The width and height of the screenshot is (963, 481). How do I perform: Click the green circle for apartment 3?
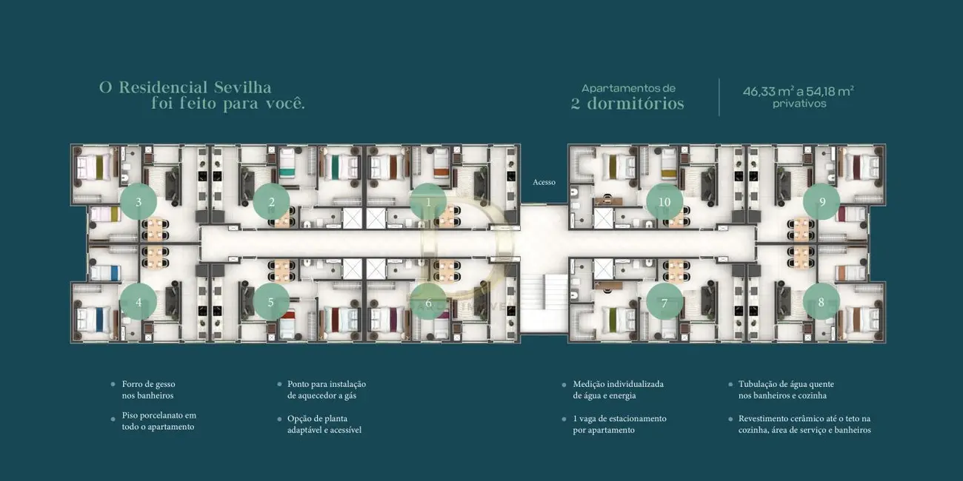tap(139, 202)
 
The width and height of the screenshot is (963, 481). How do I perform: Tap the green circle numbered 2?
tap(271, 202)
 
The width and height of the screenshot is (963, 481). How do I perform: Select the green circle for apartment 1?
tap(428, 202)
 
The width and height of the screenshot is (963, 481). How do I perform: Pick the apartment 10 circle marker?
tap(664, 202)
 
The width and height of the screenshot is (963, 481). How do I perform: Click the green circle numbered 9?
tap(822, 202)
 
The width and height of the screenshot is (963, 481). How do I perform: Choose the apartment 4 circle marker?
tap(139, 302)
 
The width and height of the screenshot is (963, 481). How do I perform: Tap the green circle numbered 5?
tap(271, 302)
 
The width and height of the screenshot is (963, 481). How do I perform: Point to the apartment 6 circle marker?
tap(428, 302)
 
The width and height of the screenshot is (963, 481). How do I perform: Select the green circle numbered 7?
tap(664, 302)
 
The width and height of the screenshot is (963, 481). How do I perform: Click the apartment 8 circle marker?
tap(822, 302)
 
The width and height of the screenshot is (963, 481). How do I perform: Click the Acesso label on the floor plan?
tap(544, 182)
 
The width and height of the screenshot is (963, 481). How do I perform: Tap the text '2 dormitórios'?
tap(627, 104)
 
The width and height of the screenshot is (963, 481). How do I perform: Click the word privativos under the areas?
tap(799, 104)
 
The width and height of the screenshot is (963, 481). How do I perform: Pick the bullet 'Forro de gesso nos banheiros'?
tap(148, 390)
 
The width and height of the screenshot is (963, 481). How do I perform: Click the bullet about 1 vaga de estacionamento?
tap(619, 424)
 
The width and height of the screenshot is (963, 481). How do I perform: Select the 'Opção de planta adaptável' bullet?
tap(324, 424)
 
